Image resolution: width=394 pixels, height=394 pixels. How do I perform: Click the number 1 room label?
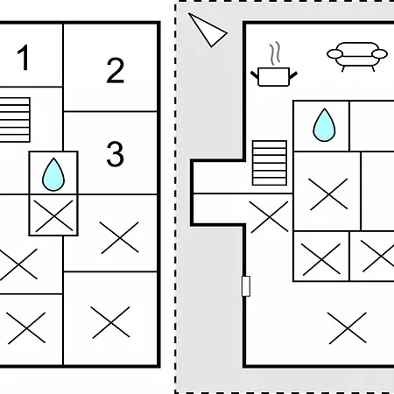24,58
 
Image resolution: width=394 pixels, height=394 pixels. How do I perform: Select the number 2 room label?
116,70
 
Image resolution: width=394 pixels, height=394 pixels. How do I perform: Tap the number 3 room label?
115,154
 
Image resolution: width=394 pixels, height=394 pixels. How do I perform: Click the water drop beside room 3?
53,174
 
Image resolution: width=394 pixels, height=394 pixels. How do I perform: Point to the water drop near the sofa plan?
324,125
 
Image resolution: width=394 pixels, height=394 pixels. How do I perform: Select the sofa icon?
357,57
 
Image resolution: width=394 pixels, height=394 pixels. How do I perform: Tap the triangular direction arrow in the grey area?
208,30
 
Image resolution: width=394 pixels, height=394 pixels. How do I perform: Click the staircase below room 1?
15,120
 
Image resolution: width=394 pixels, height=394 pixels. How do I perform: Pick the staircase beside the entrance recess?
270,163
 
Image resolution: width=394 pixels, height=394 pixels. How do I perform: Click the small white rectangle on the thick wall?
246,286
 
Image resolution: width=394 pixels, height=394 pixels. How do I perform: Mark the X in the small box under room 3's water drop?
54,216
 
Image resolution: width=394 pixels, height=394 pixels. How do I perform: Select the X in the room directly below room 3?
119,237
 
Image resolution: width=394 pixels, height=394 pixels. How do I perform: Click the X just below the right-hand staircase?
269,217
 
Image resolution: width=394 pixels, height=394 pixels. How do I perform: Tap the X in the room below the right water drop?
328,194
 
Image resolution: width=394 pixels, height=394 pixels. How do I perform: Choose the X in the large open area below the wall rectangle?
348,328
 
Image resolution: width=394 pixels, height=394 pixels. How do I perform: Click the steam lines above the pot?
275,53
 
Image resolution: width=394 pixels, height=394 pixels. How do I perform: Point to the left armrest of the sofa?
334,54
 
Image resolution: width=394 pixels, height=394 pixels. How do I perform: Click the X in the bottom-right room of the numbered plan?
110,322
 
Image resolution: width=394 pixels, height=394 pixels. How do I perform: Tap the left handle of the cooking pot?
255,75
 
